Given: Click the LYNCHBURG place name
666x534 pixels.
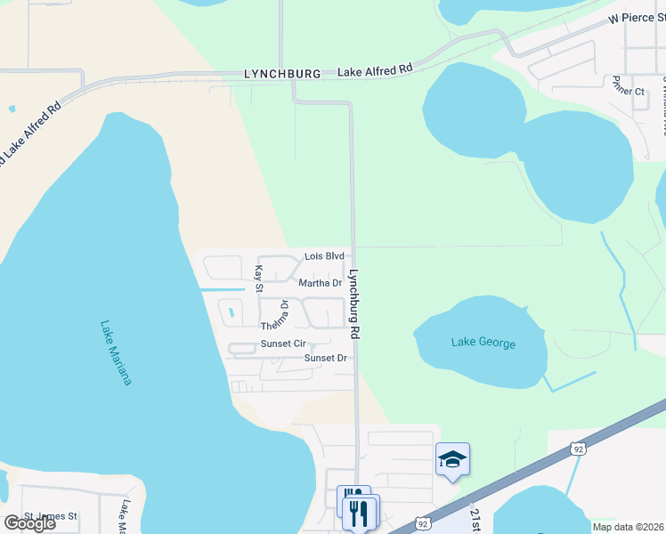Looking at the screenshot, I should (281, 75).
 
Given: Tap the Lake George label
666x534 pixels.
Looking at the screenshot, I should (483, 343).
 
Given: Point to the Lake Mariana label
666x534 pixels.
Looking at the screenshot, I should (116, 353).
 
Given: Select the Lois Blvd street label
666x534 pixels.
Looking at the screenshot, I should (324, 256).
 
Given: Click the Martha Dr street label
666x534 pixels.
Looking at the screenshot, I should (321, 283).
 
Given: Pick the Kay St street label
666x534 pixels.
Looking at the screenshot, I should (259, 278).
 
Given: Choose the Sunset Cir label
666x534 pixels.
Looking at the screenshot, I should (283, 344).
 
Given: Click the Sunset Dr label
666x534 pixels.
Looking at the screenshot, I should (324, 359).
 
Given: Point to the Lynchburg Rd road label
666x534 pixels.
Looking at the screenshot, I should (353, 304).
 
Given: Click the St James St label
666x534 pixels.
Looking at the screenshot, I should (51, 516).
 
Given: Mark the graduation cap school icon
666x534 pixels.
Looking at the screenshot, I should (452, 459).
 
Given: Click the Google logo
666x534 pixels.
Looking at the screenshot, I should (29, 523).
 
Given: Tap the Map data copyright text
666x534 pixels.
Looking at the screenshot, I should (628, 526).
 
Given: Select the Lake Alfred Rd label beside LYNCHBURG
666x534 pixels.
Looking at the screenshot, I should (375, 69).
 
